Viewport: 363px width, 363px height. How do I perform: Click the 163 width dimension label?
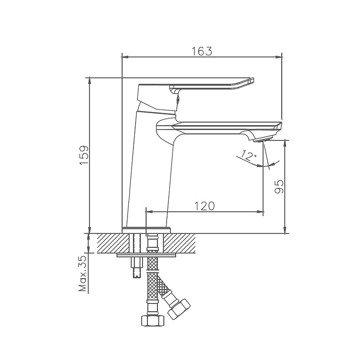tap(201, 51)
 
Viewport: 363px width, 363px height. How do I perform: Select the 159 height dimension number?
tap(84, 155)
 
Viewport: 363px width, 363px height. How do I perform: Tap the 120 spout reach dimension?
tap(205, 206)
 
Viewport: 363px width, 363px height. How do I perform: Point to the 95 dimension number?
tap(279, 186)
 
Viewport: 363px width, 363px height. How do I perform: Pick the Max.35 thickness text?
tap(83, 274)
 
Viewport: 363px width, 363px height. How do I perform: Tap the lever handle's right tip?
tap(254, 80)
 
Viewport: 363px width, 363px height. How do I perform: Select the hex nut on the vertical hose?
tap(153, 321)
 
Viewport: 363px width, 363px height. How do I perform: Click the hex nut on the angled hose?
tap(179, 309)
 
